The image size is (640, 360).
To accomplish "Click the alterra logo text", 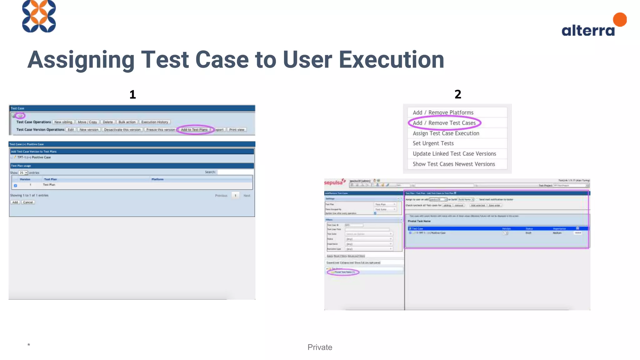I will pos(588,31).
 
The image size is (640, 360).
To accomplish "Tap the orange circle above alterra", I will pos(620,19).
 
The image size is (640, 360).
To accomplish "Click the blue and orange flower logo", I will pos(39,16).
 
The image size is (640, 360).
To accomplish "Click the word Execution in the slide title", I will pos(391,60).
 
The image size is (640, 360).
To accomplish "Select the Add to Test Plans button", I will pos(194,130).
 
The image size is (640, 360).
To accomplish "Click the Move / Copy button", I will pos(87,122).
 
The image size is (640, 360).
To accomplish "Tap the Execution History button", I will pos(154,122).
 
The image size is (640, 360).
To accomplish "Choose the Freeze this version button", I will pos(161,130).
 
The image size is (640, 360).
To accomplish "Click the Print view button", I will pos(237,130).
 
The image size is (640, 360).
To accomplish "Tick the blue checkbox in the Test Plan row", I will pos(15,186).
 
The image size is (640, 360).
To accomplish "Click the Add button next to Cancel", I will pos(15,202).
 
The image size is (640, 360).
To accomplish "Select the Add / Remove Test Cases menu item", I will pos(444,123).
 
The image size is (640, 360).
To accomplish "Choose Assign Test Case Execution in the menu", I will pos(446,133).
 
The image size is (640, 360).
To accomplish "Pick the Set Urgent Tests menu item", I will pos(433,143).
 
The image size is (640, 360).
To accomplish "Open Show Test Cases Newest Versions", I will pos(454,164).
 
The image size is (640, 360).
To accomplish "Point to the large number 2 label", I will pos(458,94).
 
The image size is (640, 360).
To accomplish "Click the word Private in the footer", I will pos(320,347).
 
